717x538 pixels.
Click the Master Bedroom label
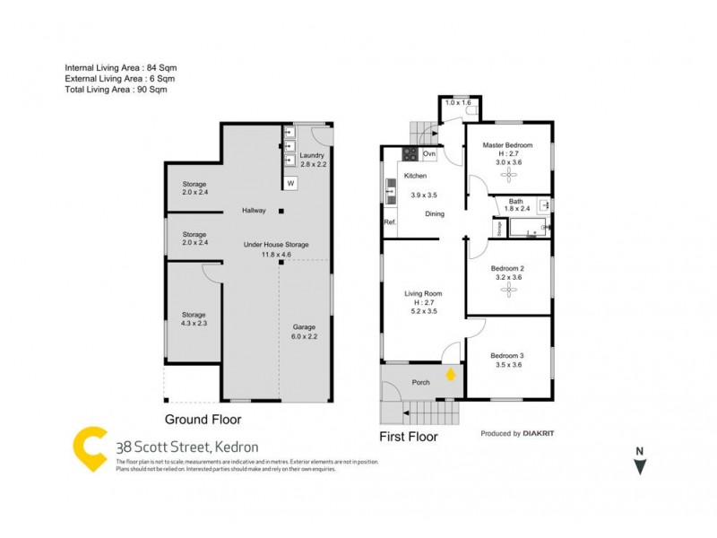point(507,145)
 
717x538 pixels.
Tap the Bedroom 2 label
point(507,269)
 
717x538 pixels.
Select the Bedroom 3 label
point(507,357)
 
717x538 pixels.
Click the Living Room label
point(423,293)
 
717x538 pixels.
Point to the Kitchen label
point(414,176)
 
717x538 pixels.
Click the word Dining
point(435,213)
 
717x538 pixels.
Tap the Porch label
point(420,383)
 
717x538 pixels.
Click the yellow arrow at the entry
point(451,373)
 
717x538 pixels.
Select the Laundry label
point(313,155)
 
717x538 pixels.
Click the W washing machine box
point(290,184)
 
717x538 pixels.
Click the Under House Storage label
point(276,245)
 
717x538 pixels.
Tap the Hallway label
point(254,211)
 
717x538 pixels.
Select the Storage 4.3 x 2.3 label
point(194,315)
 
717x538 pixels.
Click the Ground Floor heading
point(203,419)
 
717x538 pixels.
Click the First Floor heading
point(408,437)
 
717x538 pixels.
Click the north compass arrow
point(639,465)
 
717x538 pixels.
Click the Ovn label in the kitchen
point(429,154)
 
